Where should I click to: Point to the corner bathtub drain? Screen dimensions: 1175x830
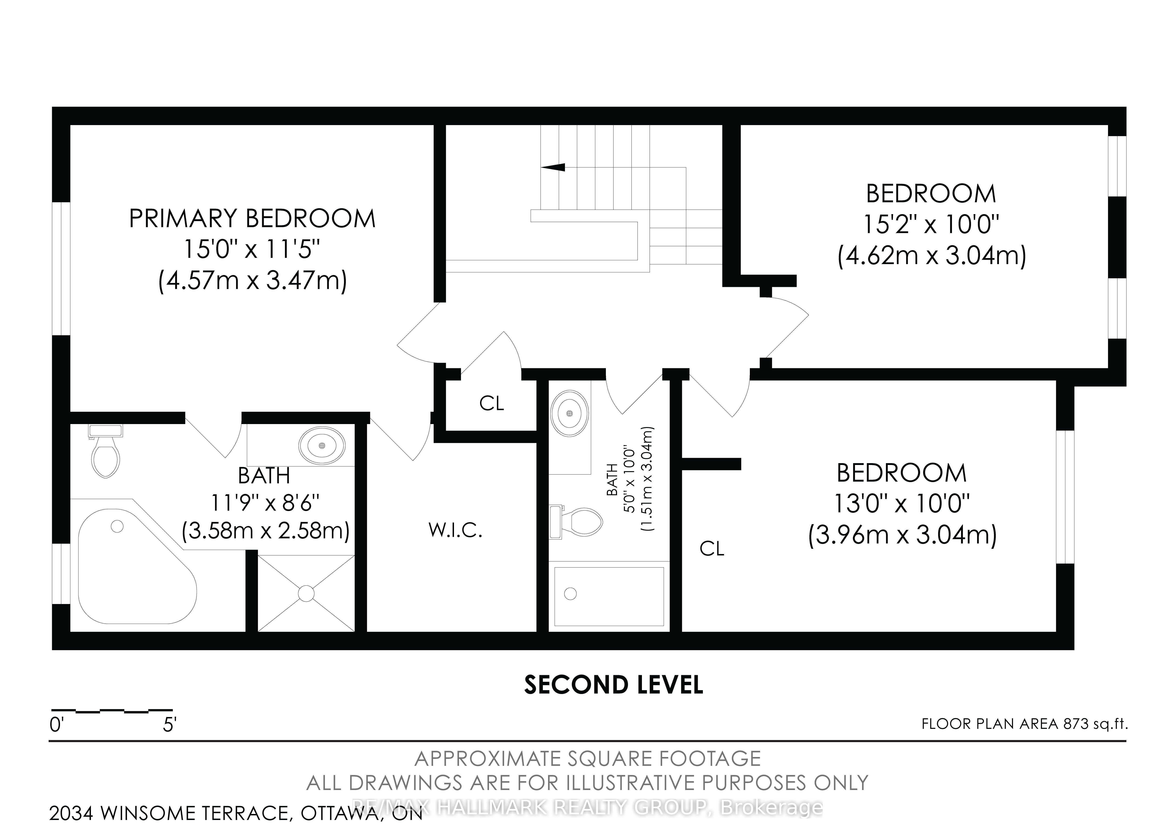117,526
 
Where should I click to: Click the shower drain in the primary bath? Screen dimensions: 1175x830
306,594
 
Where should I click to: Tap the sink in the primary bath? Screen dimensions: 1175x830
322,446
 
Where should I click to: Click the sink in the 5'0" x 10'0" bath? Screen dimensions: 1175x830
570,413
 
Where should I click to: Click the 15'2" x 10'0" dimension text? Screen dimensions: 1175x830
931,224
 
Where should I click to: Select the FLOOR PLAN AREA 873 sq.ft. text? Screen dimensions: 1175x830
1025,724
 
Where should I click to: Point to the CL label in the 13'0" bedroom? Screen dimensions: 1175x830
712,549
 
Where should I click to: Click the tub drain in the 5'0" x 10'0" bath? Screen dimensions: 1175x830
570,594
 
